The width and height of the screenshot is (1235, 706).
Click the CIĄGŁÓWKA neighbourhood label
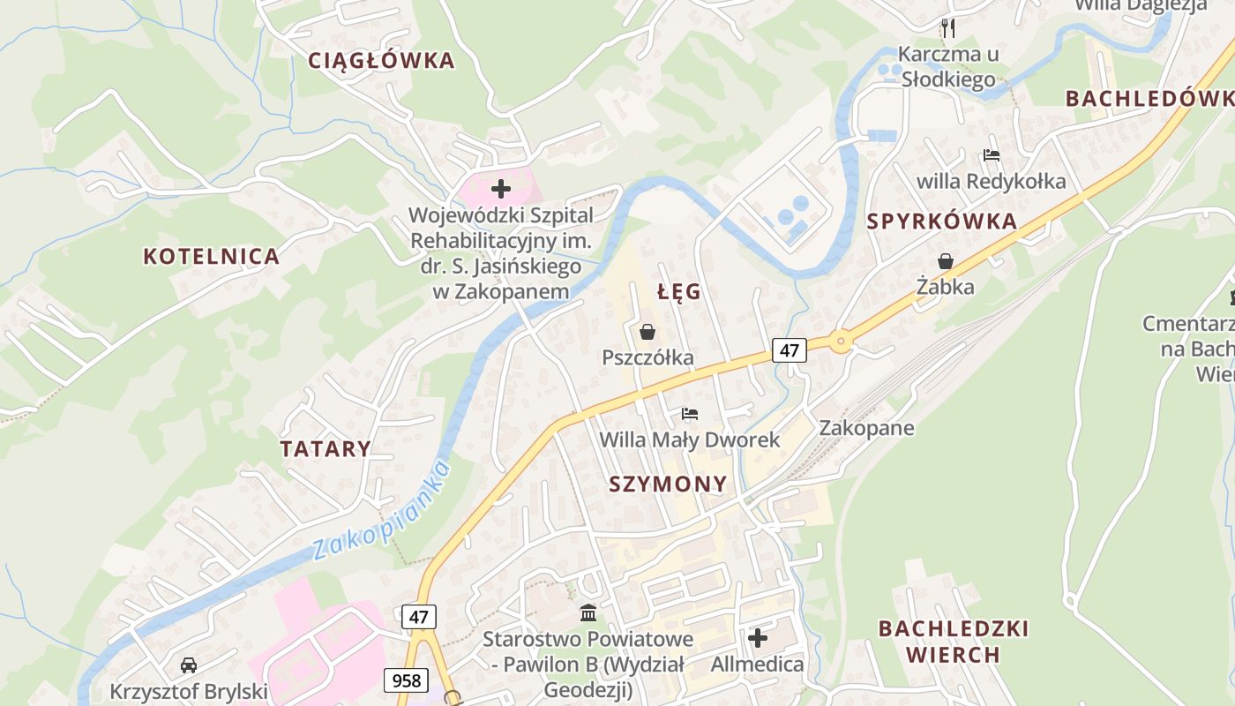pyautogui.click(x=381, y=61)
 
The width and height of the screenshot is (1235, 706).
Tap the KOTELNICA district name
pyautogui.click(x=212, y=257)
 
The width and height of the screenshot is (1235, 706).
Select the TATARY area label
pyautogui.click(x=326, y=448)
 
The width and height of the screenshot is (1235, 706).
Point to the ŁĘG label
pyautogui.click(x=679, y=292)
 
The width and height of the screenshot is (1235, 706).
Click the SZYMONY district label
pyautogui.click(x=668, y=484)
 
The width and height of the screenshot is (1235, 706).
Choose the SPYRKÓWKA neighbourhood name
pyautogui.click(x=942, y=222)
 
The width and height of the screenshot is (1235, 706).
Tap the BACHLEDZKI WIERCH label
pyautogui.click(x=954, y=642)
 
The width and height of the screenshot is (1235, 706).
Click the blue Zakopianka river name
pyautogui.click(x=381, y=512)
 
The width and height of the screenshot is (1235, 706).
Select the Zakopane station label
pyautogui.click(x=866, y=428)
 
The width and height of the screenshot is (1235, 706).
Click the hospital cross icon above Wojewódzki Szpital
pyautogui.click(x=501, y=188)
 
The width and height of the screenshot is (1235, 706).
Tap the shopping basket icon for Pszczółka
pyautogui.click(x=647, y=332)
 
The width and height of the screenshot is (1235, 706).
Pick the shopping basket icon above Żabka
pyautogui.click(x=946, y=261)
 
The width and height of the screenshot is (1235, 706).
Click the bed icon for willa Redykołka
pyautogui.click(x=992, y=155)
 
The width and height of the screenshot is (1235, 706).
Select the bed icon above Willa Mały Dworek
pyautogui.click(x=690, y=414)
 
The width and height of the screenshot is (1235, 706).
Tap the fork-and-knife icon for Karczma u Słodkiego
pyautogui.click(x=948, y=27)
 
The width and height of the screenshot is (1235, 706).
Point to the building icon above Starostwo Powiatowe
pyautogui.click(x=588, y=612)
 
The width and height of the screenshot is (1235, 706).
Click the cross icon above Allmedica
pyautogui.click(x=758, y=637)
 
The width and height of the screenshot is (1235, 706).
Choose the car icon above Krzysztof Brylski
pyautogui.click(x=188, y=665)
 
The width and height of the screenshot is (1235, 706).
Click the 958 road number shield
pyautogui.click(x=406, y=680)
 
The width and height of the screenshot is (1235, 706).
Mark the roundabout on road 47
pyautogui.click(x=841, y=341)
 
